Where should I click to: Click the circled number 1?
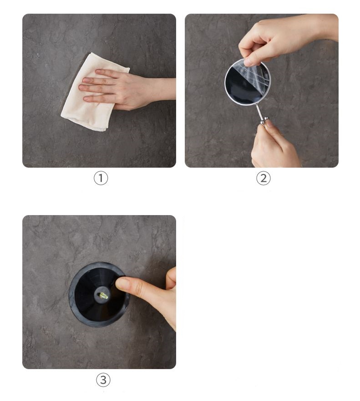pos(101,178)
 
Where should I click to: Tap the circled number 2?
pos(263,178)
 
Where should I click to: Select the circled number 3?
pos(103,380)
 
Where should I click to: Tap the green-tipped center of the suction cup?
pos(103,296)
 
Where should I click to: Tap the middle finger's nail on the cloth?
pos(82,87)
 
